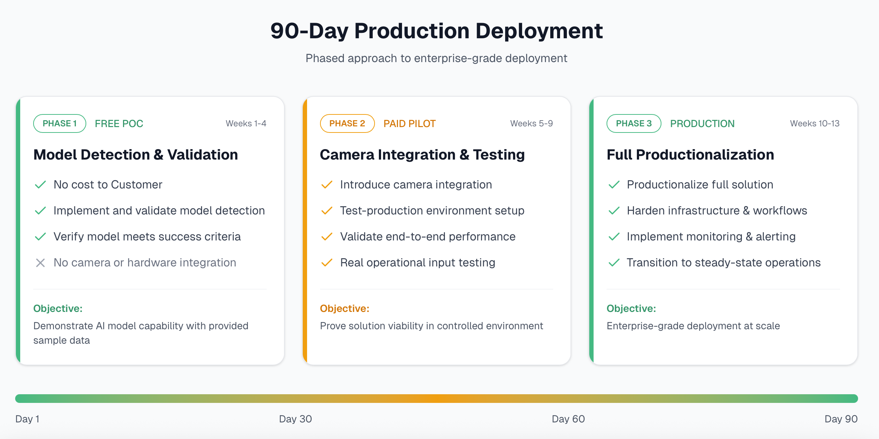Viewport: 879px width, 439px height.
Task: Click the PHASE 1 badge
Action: point(60,123)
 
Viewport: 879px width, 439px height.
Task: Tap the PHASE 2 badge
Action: point(347,123)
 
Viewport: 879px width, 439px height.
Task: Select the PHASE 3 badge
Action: point(634,123)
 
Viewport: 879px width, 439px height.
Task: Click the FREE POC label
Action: point(119,124)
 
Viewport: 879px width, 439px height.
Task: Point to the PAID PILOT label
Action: point(409,124)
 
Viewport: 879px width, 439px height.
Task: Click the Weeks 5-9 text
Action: point(531,123)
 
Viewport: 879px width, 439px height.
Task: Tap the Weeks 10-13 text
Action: point(814,123)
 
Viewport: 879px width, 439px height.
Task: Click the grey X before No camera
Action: point(40,263)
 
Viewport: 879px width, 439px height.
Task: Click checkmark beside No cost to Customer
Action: point(40,185)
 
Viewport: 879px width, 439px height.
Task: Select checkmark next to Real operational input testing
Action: point(327,263)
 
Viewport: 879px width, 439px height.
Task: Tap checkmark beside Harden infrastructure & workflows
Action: point(614,211)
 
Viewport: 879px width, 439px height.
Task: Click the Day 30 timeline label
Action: point(295,419)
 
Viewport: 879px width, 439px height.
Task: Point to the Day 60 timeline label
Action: point(568,419)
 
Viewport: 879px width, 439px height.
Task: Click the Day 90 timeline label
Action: point(841,419)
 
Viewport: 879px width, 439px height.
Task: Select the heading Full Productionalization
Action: point(690,155)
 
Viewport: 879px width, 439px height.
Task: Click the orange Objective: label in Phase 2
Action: point(344,309)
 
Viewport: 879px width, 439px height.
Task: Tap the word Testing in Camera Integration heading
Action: point(499,155)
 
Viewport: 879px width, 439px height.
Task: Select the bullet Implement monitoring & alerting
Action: point(711,237)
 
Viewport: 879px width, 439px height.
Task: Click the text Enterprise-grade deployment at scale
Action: point(693,326)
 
